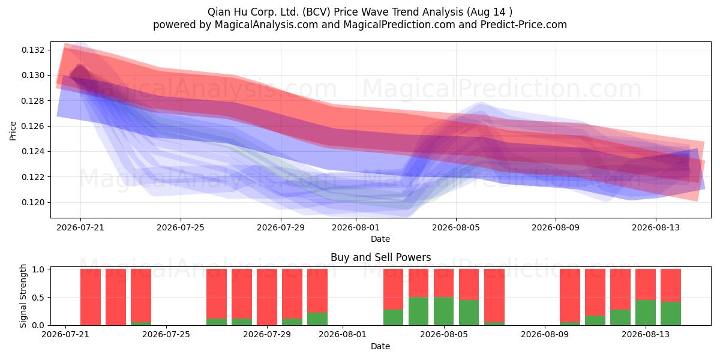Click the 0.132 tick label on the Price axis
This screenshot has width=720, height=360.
point(33,50)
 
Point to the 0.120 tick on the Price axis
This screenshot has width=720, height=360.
point(33,203)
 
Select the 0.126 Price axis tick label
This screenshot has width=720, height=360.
point(33,127)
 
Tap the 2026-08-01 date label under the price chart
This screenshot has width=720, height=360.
point(356,227)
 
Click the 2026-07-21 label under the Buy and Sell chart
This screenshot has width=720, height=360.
point(65,334)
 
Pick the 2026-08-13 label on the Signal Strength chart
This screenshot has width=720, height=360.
point(646,334)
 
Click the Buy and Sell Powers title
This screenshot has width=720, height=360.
point(380,257)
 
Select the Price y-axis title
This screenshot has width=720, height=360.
point(13,131)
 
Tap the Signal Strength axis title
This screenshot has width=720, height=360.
point(23,296)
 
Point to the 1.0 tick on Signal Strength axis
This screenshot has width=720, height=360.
point(38,269)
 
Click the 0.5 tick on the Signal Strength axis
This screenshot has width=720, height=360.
point(38,298)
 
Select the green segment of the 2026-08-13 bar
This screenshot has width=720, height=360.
point(646,313)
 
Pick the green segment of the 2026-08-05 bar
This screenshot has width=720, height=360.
point(443,311)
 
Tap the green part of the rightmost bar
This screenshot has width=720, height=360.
point(671,313)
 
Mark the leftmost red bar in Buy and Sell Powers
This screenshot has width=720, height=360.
point(91,297)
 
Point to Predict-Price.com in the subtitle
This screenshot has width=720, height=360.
point(524,25)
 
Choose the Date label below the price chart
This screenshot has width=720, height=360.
point(380,239)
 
